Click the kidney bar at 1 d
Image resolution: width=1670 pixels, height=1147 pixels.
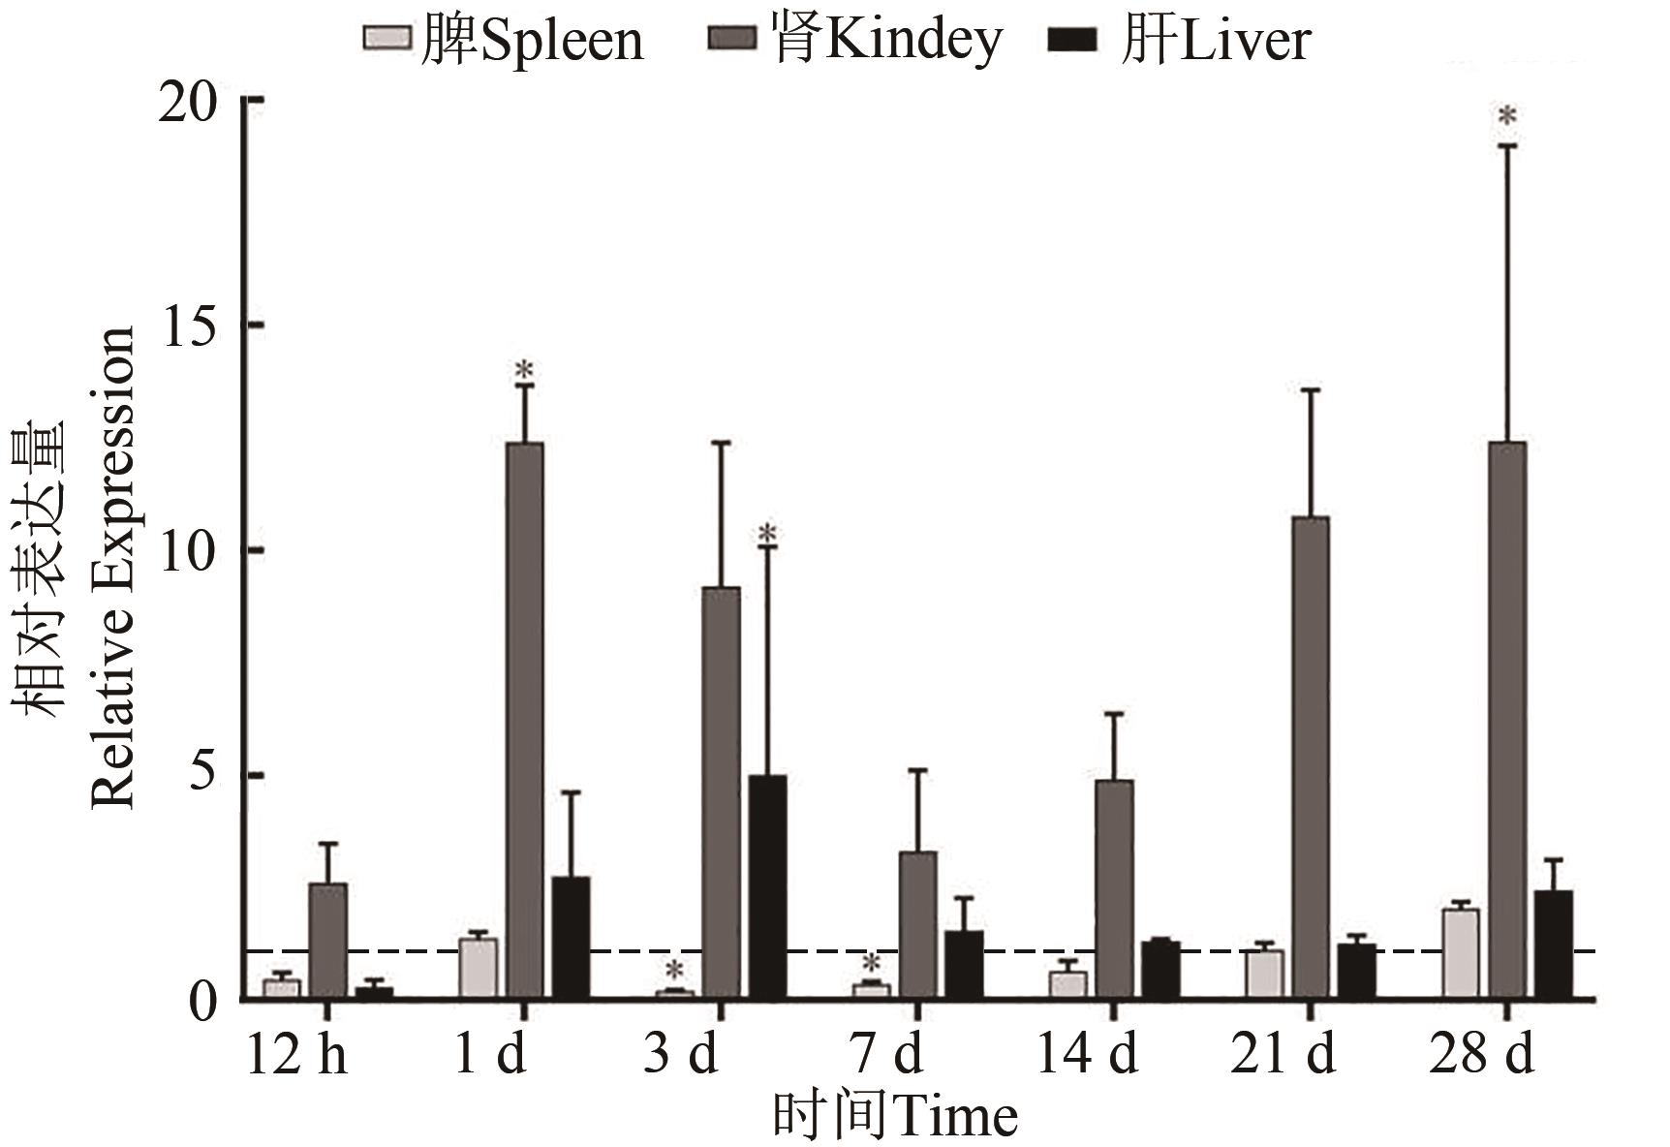click(525, 720)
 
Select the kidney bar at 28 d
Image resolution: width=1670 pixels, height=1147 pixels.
click(1507, 720)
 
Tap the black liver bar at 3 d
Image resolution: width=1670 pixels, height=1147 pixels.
click(767, 886)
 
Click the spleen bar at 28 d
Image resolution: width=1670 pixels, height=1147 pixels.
click(1461, 953)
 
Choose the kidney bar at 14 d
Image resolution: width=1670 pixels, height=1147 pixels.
click(1114, 888)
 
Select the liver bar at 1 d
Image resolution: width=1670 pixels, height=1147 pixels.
click(571, 937)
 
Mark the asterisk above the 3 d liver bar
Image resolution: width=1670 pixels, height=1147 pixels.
click(767, 534)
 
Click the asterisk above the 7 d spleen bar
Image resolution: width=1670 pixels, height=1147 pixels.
click(871, 964)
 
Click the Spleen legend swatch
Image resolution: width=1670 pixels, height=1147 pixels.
click(387, 39)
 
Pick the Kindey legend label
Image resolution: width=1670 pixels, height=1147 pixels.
click(886, 41)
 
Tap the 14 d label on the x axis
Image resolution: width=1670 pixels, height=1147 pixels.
click(1087, 1053)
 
